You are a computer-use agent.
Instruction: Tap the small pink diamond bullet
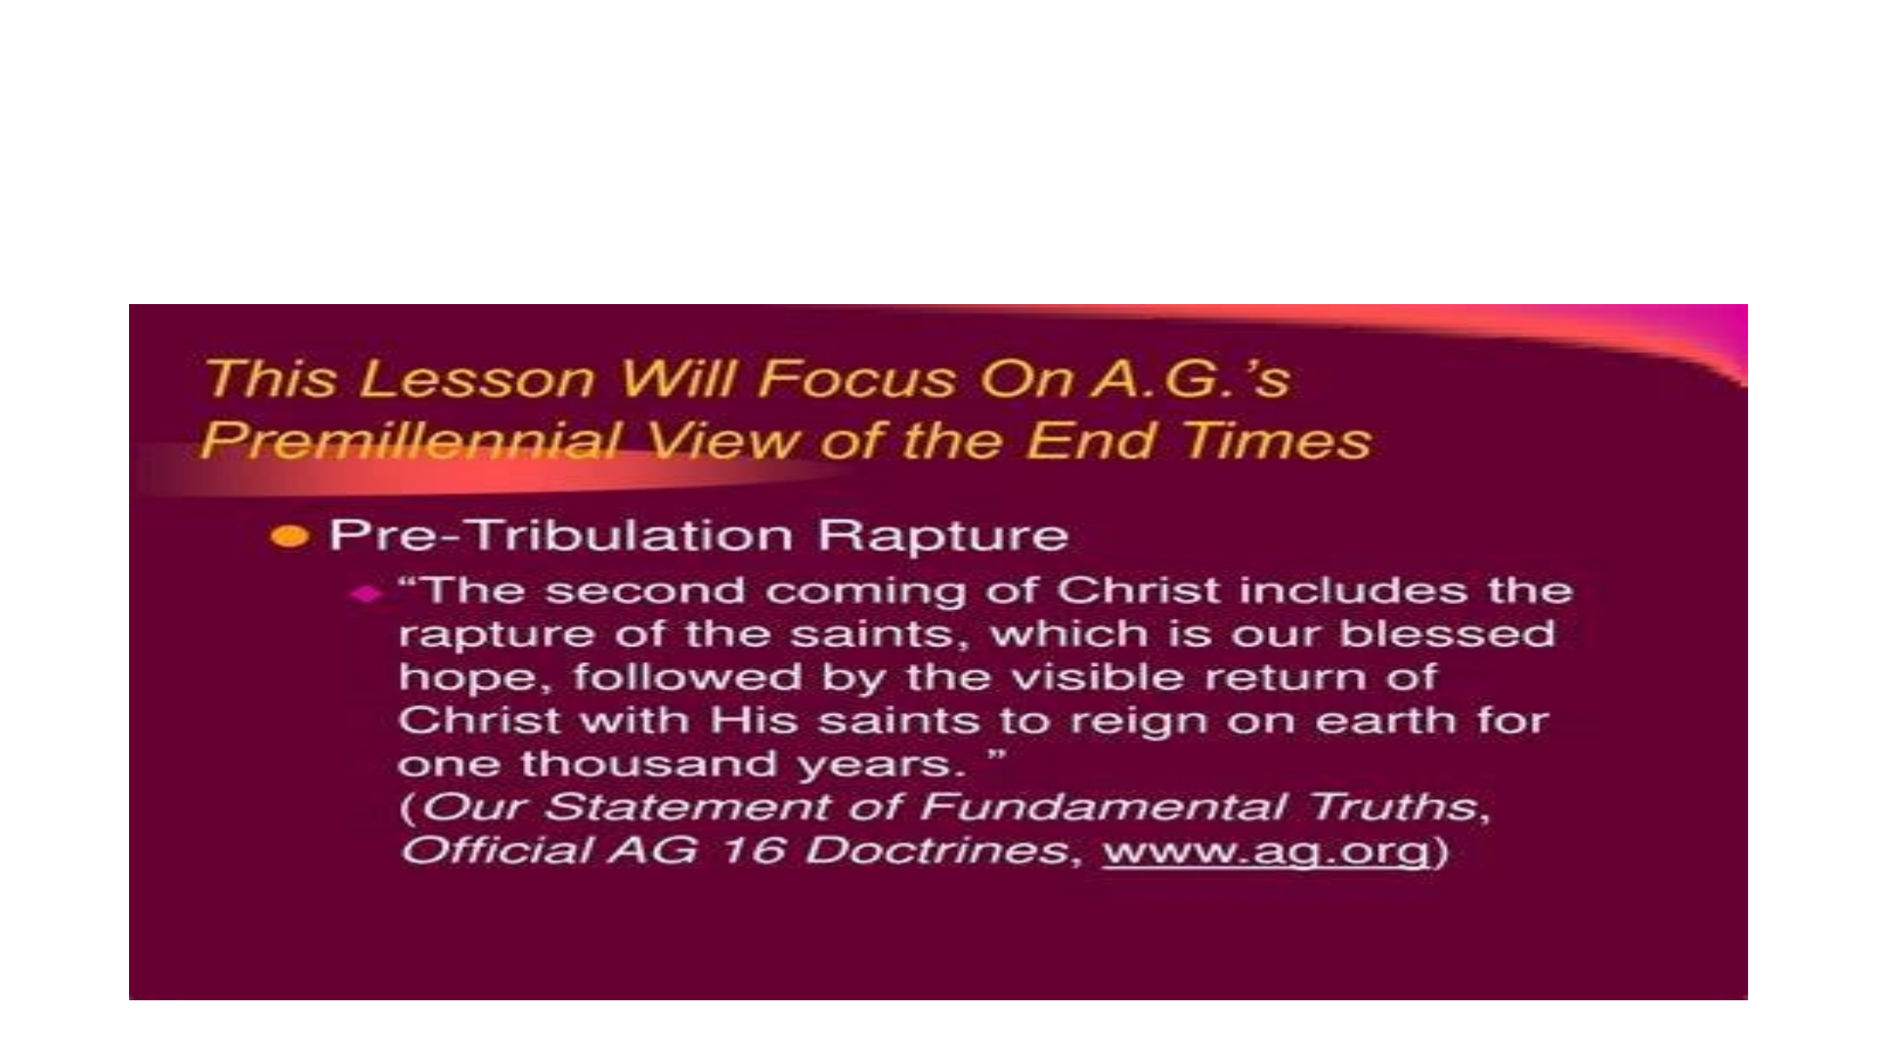366,594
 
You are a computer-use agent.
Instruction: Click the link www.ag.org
1267,851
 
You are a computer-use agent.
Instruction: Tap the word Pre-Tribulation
561,535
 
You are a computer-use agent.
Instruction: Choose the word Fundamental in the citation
1102,807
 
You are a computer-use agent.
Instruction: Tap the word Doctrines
936,850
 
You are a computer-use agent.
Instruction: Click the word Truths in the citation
1393,807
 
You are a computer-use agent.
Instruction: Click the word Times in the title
1276,441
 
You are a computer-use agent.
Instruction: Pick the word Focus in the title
856,378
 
